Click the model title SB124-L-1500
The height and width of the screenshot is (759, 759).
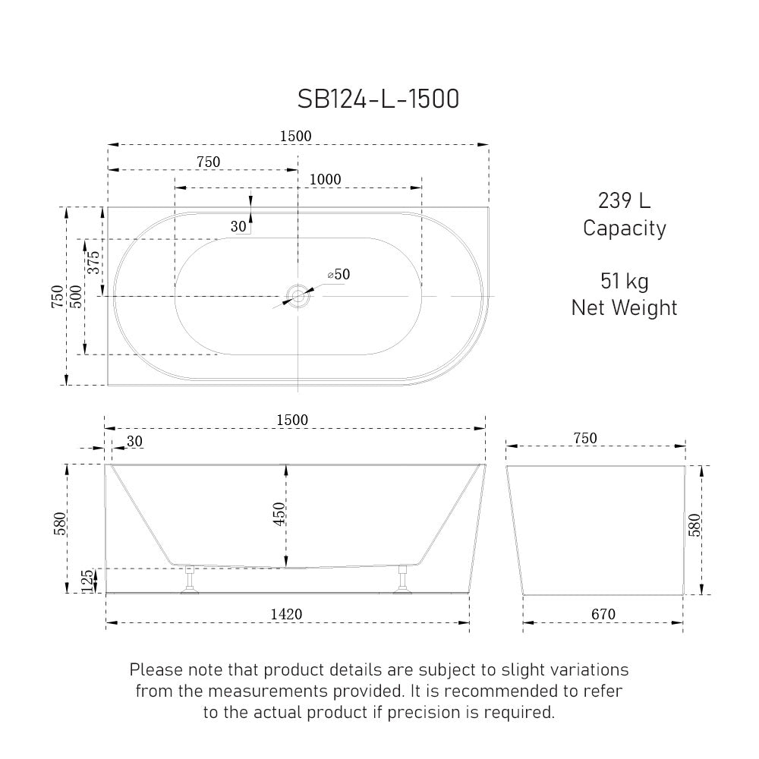(378, 99)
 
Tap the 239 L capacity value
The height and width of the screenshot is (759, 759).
(625, 200)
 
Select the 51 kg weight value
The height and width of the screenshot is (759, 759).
(625, 282)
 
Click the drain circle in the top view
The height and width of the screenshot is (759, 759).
(298, 296)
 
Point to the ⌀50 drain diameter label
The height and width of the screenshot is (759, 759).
(339, 275)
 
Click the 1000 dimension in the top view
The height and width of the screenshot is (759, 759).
(326, 180)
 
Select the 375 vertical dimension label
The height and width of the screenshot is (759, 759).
(93, 263)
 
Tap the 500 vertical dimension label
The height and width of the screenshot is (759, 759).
(76, 297)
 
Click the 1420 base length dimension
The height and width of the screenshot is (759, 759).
(286, 614)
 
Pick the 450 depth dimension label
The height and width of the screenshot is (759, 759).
(279, 514)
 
